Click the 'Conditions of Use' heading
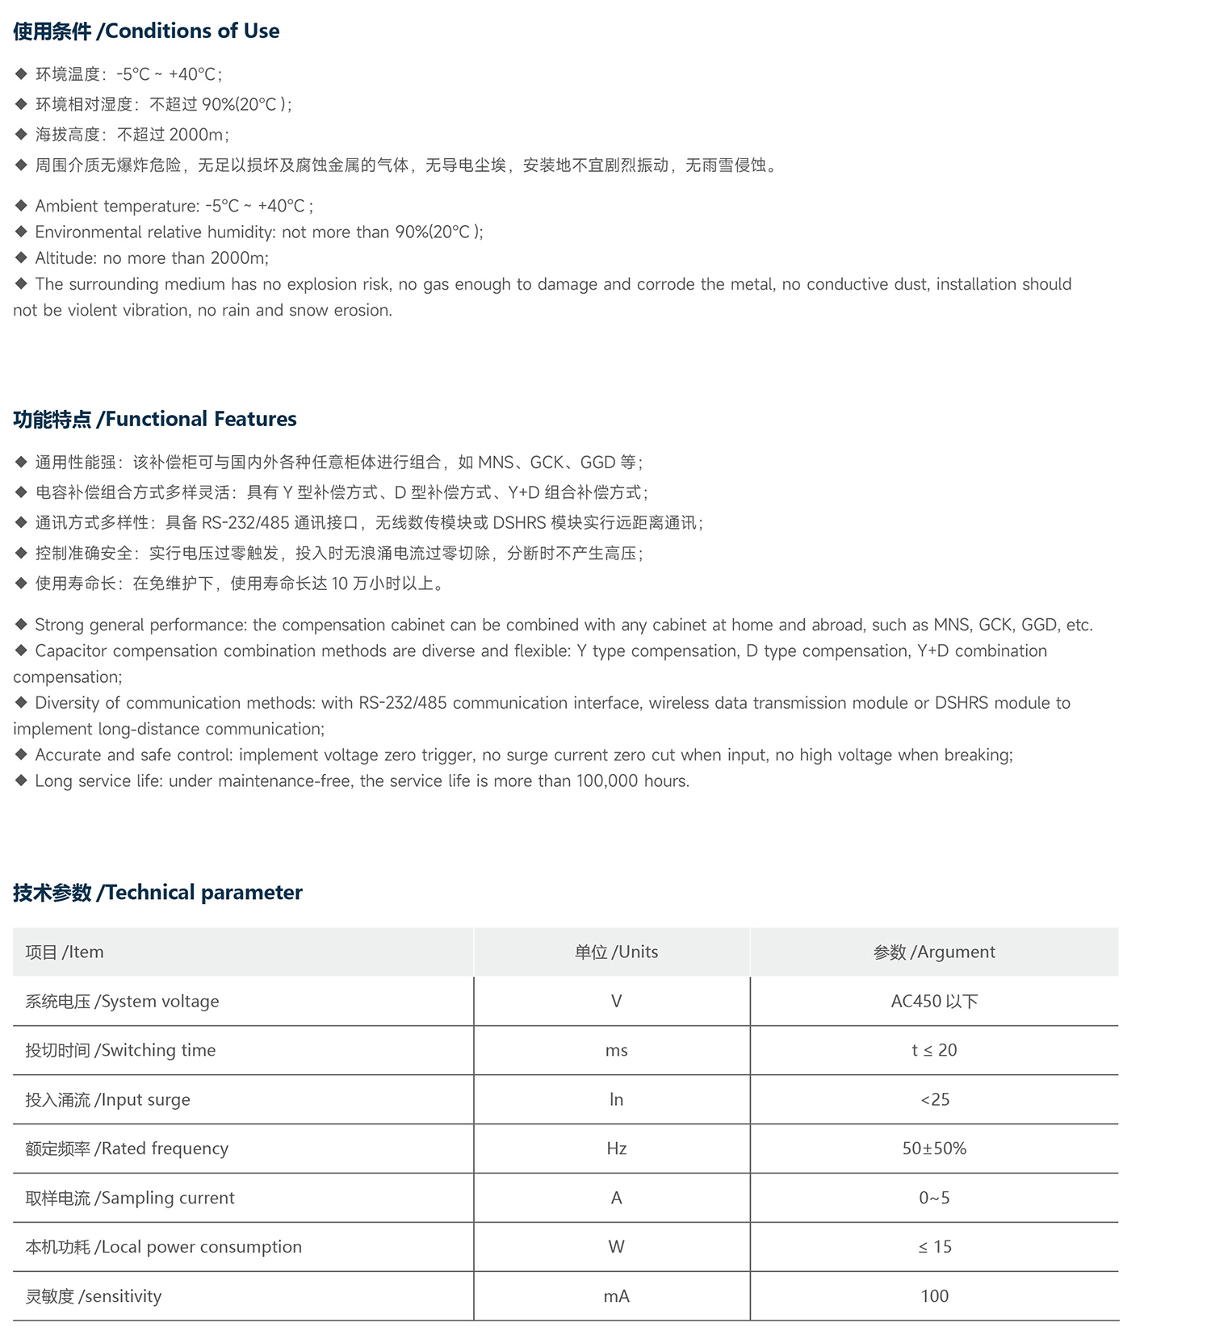(146, 31)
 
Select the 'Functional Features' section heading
(155, 419)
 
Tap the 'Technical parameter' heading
(157, 892)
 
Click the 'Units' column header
(616, 952)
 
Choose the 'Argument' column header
(934, 952)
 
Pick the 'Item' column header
(65, 952)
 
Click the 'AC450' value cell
(934, 1001)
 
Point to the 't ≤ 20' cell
(934, 1050)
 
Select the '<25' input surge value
(935, 1099)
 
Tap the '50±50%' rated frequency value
(934, 1149)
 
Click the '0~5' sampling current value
(934, 1198)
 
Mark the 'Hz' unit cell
(616, 1149)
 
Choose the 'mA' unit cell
(616, 1296)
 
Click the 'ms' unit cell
(616, 1050)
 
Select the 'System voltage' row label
(122, 1001)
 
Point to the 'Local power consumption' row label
(163, 1247)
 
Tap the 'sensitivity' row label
(93, 1296)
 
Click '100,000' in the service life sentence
(607, 780)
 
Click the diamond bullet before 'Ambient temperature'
(22, 206)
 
